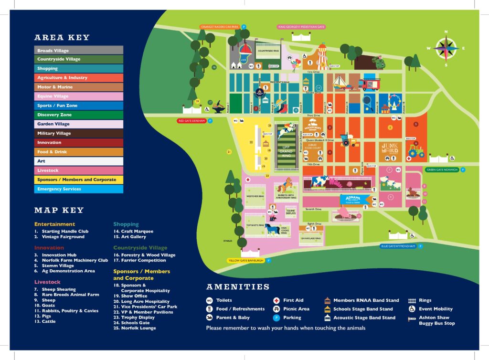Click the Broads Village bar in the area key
point(80,50)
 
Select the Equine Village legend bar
point(80,96)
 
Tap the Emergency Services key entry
point(80,189)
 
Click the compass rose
point(446,48)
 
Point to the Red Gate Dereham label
point(191,121)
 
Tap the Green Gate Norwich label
point(442,169)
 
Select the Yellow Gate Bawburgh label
point(245,261)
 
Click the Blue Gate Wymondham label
point(401,246)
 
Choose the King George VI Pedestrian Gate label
point(301,27)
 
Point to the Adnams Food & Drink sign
point(354,200)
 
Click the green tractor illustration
point(415,151)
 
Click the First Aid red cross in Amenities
point(276,300)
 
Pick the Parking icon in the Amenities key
point(276,318)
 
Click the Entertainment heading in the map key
point(54,224)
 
